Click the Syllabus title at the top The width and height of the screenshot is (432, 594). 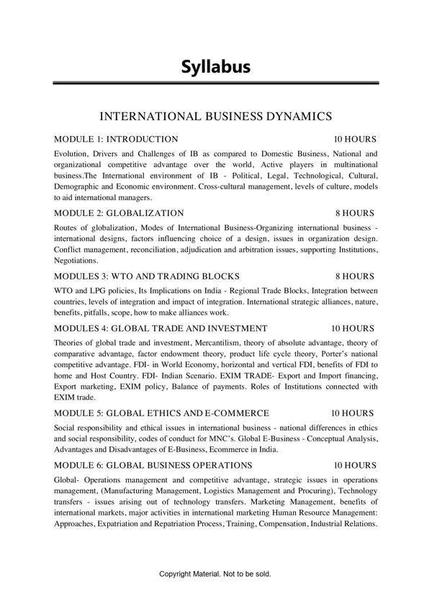click(x=215, y=67)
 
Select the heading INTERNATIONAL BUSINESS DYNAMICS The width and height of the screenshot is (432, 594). click(x=215, y=115)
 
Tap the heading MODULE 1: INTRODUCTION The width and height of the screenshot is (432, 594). click(x=116, y=138)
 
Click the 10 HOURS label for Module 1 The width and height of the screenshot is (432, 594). click(x=354, y=138)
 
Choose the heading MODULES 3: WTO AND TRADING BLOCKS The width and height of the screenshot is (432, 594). click(x=147, y=276)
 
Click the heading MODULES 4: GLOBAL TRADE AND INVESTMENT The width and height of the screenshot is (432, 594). click(x=161, y=328)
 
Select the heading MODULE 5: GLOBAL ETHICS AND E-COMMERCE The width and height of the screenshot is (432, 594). click(x=161, y=413)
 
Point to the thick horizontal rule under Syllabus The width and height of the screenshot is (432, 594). click(x=215, y=84)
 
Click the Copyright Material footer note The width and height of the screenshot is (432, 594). click(x=215, y=574)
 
